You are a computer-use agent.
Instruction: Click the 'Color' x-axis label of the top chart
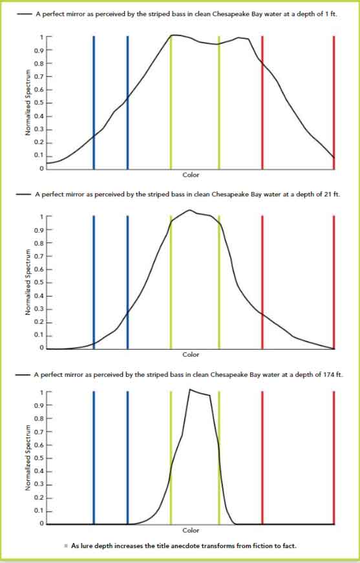[191, 175]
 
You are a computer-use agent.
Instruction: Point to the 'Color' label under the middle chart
[191, 354]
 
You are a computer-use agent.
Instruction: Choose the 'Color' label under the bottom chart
[191, 530]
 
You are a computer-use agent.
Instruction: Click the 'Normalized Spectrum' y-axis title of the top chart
[28, 103]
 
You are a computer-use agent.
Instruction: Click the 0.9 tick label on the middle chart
[39, 230]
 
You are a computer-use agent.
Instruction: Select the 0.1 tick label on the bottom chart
[39, 511]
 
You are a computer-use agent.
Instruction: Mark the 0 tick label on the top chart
[42, 169]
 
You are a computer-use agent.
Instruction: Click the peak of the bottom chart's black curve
[190, 389]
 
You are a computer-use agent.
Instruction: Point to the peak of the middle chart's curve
[189, 210]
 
